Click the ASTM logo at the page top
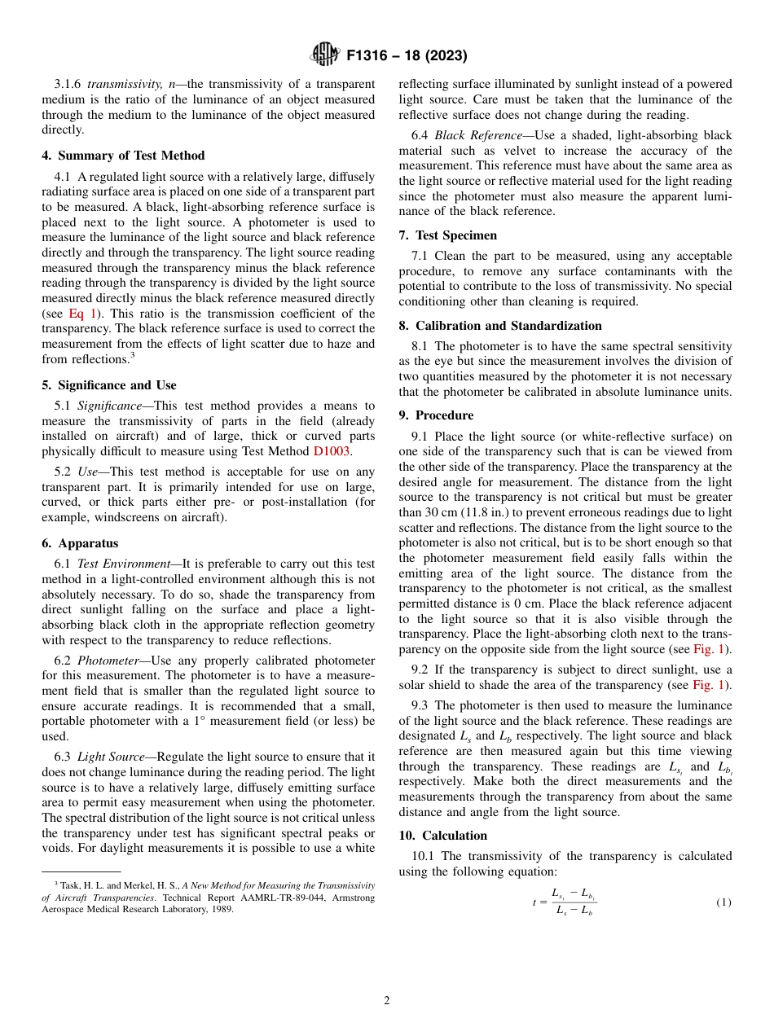(x=325, y=55)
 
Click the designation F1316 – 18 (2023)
(x=407, y=55)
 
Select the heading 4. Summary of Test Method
(x=123, y=156)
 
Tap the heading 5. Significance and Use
(x=108, y=385)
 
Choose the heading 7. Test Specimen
(x=447, y=235)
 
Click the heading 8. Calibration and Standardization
(x=500, y=326)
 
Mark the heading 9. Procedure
(x=436, y=415)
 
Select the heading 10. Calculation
(x=442, y=836)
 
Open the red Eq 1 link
(x=81, y=314)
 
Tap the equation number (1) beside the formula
(x=723, y=902)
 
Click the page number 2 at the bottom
(x=387, y=1001)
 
